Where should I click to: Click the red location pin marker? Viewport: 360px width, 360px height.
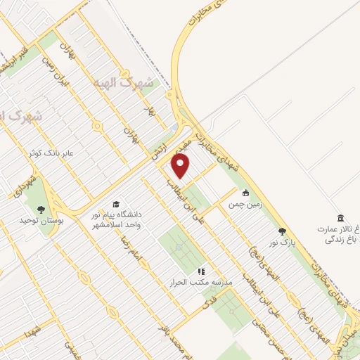[181, 166]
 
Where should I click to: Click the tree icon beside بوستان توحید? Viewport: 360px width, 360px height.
[40, 209]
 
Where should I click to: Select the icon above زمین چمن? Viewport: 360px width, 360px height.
[245, 193]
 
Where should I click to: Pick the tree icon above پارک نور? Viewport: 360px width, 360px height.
[283, 231]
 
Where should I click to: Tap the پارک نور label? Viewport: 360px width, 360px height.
[279, 243]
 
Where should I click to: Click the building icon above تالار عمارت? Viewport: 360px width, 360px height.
[340, 217]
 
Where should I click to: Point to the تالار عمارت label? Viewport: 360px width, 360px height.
[337, 229]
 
